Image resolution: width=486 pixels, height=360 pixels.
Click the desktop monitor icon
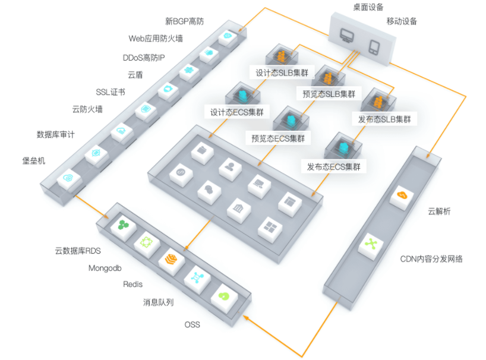tap(347, 35)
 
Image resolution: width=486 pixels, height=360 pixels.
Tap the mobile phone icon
tap(374, 48)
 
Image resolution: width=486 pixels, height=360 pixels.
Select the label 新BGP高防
tap(184, 21)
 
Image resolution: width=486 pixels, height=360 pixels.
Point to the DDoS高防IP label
tap(144, 58)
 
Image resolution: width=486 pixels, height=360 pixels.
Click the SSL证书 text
tap(111, 92)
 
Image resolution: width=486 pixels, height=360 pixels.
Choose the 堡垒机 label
tap(34, 160)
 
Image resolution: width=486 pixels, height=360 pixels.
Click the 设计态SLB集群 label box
tap(282, 73)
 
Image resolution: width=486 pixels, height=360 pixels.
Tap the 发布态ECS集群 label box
tap(334, 167)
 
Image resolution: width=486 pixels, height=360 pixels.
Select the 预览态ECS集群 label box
tap(278, 138)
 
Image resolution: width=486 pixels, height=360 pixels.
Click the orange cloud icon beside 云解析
tap(403, 195)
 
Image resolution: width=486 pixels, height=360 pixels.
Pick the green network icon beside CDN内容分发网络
tap(371, 243)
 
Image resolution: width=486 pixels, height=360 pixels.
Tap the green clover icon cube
tap(124, 225)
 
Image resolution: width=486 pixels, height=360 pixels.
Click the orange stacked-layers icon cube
tap(171, 259)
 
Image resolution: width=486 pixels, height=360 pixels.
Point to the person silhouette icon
tap(230, 166)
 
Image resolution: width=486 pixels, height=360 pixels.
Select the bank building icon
tap(238, 208)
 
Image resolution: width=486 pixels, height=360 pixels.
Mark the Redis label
tap(133, 285)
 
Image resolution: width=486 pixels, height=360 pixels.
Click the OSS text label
tap(192, 324)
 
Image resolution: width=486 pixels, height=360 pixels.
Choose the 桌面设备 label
tap(368, 7)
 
